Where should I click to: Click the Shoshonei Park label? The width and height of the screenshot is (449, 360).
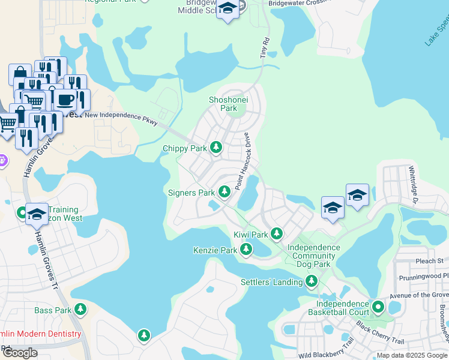tap(223, 104)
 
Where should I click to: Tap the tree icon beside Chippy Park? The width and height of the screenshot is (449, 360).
tap(215, 148)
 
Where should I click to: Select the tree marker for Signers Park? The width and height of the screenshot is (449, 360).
tap(224, 192)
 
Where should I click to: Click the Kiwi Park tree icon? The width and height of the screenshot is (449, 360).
tap(277, 233)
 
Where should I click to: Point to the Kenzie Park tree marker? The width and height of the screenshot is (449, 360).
tap(246, 249)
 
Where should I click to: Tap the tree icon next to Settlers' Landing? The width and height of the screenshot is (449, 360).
tap(311, 281)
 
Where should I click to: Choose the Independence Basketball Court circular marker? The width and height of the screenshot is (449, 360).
tap(378, 307)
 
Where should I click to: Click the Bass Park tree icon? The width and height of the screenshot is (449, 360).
tap(80, 310)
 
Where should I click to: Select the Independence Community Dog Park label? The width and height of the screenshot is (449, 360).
tap(313, 256)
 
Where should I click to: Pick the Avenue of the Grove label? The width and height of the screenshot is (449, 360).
tap(419, 294)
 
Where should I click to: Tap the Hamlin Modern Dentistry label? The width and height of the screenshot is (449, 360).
tap(40, 334)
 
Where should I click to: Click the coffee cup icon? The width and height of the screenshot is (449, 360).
tap(66, 99)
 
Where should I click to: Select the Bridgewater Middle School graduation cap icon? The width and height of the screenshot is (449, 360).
tap(228, 9)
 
